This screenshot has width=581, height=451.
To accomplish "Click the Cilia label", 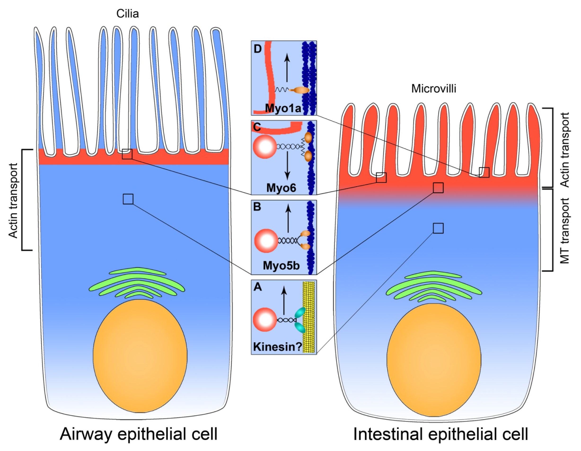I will point(128,14).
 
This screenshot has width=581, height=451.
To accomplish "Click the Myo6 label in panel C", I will point(281,188).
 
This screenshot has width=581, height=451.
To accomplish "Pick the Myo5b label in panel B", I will point(281,265).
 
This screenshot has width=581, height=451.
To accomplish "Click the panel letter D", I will point(258,49).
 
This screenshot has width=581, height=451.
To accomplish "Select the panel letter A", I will point(258,287).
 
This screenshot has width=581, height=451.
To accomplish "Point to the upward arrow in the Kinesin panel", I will point(284,300).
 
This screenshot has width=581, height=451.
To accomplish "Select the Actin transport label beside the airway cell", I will point(13,200).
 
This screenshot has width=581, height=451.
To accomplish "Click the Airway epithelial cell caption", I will point(139,434).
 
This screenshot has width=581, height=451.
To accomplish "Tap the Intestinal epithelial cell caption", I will point(440,434).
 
